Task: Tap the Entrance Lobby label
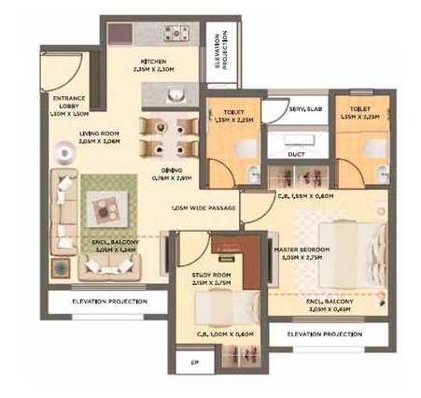coord(70,103)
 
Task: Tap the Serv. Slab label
coord(294,109)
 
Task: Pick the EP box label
coord(194,362)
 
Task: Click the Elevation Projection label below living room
coord(99,302)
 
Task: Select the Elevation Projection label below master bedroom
coord(325,334)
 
